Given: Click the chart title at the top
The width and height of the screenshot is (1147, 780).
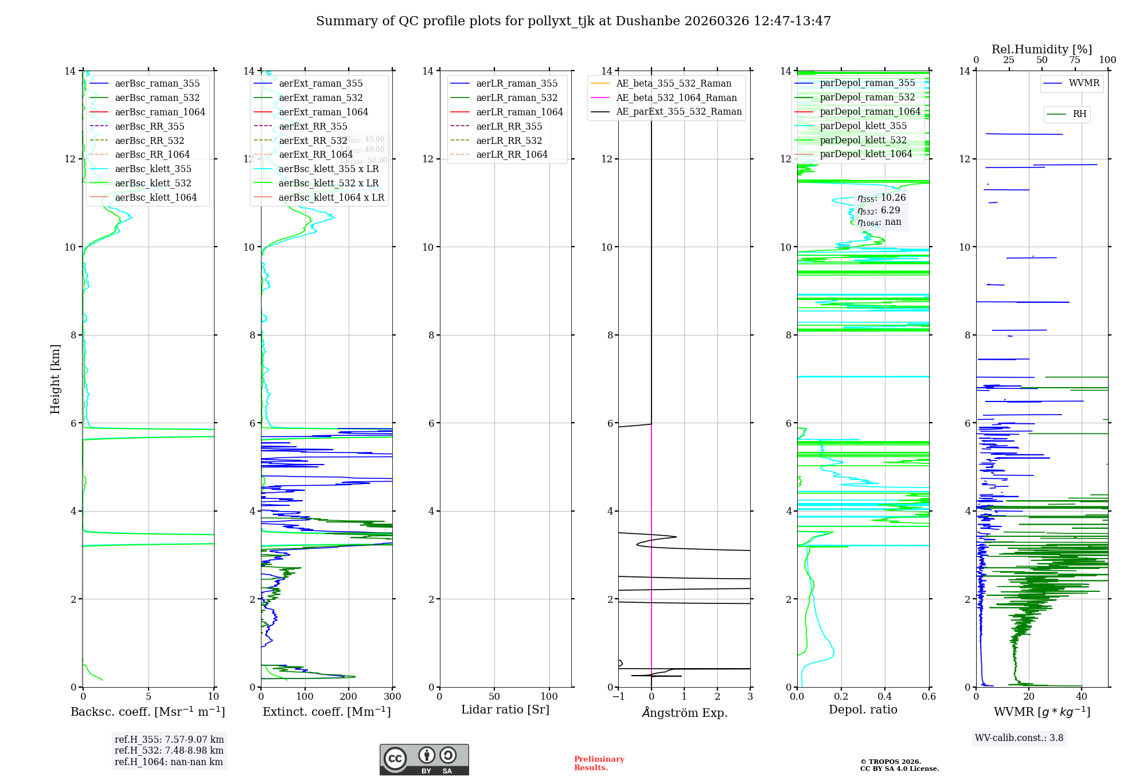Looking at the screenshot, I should [573, 21].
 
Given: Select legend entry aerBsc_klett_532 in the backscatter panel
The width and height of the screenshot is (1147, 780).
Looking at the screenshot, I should [153, 183].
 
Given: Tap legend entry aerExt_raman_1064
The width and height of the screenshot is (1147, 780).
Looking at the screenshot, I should [323, 112].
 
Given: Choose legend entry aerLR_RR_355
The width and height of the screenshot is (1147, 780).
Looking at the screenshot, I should [509, 126].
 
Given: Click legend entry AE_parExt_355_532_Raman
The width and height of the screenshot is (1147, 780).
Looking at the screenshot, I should [678, 112].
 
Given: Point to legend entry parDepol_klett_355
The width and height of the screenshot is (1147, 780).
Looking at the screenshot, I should [863, 126].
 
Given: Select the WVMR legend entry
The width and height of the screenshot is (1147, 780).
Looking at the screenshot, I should [1084, 83].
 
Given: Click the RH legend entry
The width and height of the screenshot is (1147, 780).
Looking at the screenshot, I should [1079, 114].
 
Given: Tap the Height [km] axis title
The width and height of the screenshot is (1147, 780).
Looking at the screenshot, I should [55, 379].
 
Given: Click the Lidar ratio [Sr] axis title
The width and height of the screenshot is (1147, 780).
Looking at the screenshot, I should [505, 709].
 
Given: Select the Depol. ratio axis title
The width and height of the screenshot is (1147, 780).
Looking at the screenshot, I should [863, 709].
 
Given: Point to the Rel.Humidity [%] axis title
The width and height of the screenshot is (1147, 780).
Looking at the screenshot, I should [1041, 49].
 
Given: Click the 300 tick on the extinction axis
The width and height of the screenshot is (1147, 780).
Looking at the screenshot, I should [393, 697].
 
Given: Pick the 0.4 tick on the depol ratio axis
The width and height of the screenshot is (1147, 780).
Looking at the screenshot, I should [885, 697].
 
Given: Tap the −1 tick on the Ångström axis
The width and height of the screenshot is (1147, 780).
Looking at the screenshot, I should [618, 697].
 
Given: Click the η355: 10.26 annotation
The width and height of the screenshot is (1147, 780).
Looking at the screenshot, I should [881, 198].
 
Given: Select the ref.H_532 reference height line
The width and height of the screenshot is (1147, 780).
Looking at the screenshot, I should [169, 750].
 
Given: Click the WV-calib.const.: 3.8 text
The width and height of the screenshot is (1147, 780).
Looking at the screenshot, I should [1019, 738].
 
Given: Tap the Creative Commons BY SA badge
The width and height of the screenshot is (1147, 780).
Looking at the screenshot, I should [424, 759].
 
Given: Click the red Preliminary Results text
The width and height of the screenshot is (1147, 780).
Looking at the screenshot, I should [599, 763].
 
